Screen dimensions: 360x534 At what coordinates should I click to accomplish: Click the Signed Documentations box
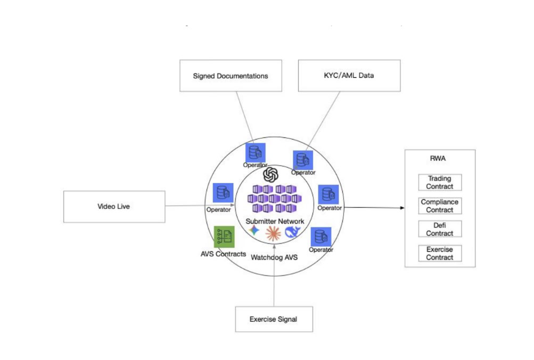point(230,76)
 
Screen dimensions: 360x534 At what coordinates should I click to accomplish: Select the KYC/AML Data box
point(349,75)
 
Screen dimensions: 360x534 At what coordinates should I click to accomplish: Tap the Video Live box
point(113,207)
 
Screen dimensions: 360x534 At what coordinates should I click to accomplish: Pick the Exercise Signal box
point(273,320)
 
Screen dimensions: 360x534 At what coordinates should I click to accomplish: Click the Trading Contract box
point(440,183)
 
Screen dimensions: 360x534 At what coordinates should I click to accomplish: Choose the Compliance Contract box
point(440,206)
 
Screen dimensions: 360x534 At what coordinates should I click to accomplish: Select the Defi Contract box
point(440,230)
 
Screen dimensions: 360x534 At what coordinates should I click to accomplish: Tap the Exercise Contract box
point(440,253)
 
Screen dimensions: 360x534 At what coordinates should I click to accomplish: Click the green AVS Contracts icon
point(224,236)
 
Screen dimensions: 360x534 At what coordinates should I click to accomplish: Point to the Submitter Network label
point(275,221)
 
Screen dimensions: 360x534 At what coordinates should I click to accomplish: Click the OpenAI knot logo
point(272,174)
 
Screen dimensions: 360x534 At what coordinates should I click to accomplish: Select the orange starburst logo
point(273,232)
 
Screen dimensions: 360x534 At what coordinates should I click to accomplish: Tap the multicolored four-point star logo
point(254,231)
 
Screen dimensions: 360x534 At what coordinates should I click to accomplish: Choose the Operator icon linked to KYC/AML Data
point(302,160)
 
